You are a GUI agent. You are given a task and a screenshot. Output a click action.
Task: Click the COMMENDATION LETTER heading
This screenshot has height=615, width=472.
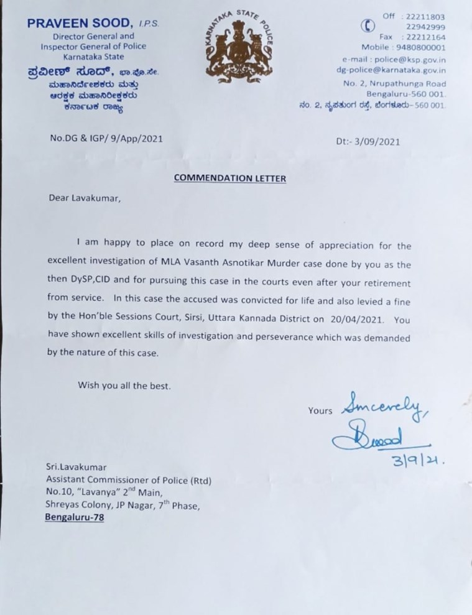(x=230, y=178)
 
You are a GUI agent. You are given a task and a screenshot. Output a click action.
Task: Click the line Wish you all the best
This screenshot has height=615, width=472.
(x=124, y=385)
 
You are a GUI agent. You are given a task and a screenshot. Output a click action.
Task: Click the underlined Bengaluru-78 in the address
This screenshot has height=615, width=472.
(x=76, y=517)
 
